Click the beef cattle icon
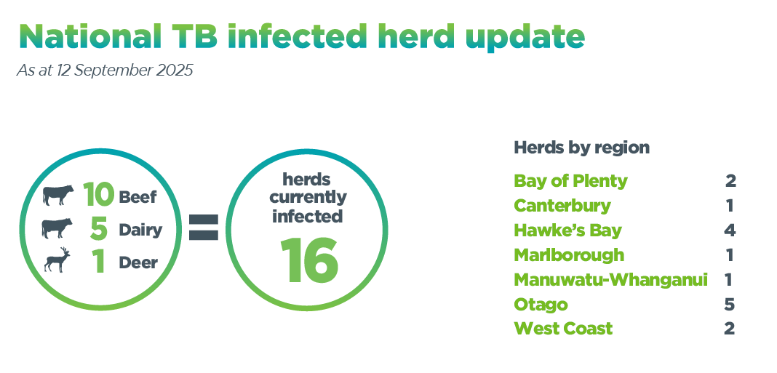(58, 195)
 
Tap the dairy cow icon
(57, 228)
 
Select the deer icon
(57, 260)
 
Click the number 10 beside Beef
(98, 194)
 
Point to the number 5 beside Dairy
(99, 228)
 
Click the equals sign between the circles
(203, 228)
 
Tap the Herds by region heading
(582, 148)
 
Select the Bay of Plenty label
(571, 181)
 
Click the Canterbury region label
(562, 206)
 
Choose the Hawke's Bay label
(568, 230)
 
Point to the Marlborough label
(570, 255)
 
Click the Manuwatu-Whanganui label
(610, 280)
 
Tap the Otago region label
(541, 304)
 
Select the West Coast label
(563, 329)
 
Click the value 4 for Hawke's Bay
(730, 230)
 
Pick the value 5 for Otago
(729, 304)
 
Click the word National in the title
(89, 36)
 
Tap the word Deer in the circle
(138, 263)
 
